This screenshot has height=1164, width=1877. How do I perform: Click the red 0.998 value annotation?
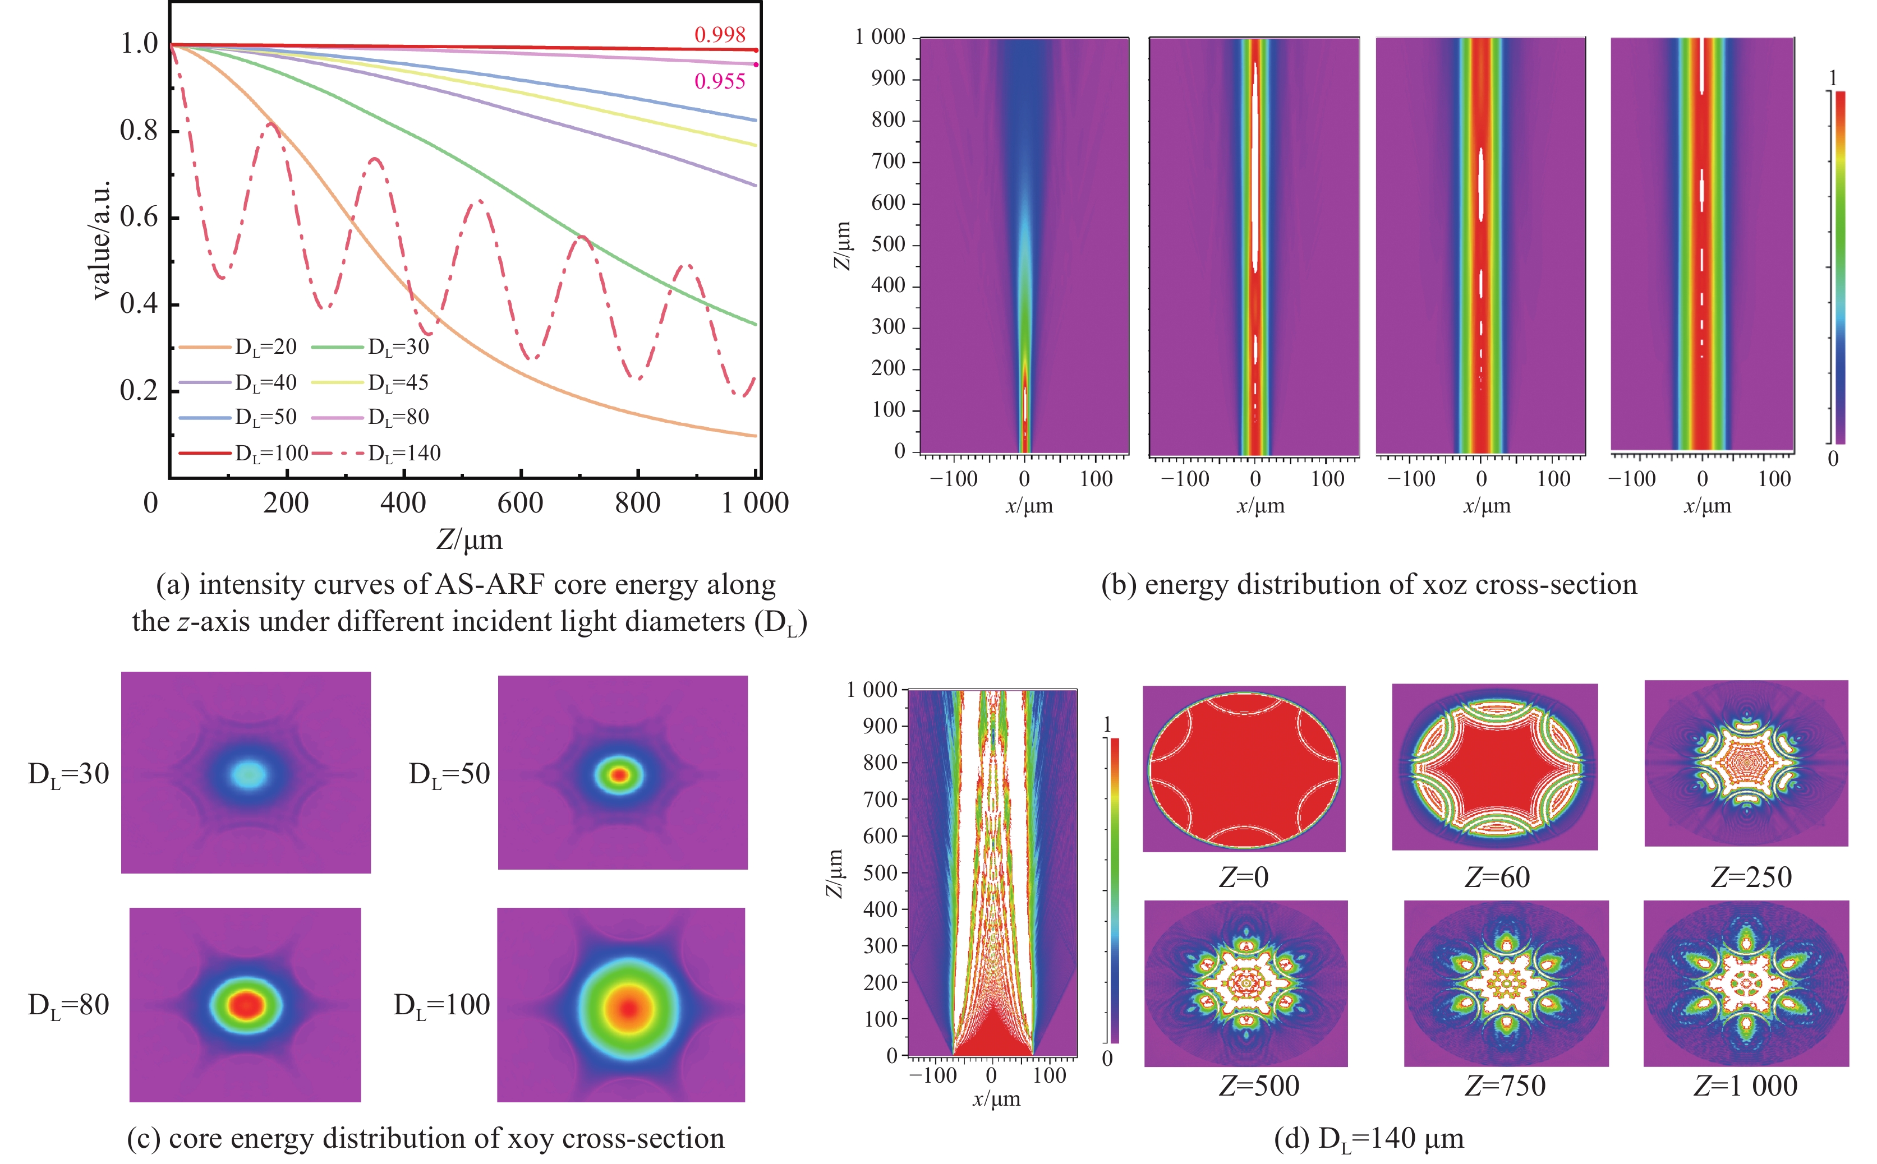719,35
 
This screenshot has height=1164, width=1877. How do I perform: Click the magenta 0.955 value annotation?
719,82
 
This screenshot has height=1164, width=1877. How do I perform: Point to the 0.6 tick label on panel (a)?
139,217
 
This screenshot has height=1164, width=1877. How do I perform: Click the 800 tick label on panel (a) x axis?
637,504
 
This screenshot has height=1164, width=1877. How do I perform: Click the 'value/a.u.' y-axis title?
100,239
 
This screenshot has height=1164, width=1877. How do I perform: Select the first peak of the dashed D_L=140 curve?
270,124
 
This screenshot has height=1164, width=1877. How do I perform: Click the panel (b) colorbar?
1840,267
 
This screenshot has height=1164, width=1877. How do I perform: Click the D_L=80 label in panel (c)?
68,1005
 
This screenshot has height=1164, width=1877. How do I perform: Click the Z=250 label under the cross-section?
1751,877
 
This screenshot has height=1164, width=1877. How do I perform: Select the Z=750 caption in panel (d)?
1505,1086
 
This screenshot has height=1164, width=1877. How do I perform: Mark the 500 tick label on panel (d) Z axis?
880,873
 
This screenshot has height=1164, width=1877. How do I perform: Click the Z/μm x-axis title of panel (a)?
470,539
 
